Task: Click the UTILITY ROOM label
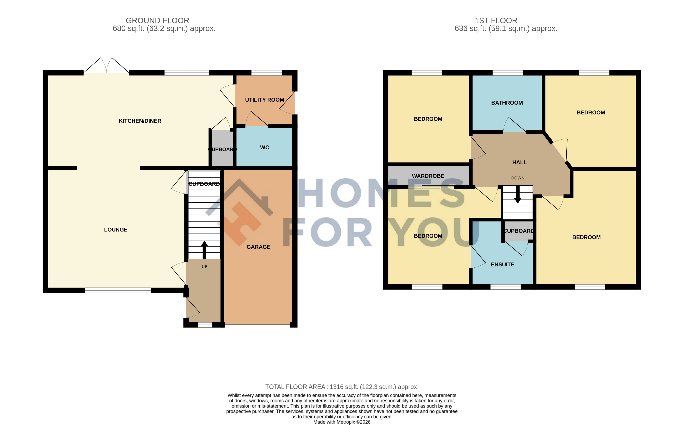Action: click(264, 100)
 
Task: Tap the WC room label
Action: click(265, 148)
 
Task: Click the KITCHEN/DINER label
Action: click(140, 121)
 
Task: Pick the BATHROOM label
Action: click(507, 103)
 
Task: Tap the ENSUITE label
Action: click(502, 264)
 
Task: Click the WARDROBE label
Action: click(428, 176)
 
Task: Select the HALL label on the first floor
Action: click(519, 162)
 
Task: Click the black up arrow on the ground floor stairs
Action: click(204, 250)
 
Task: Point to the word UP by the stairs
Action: click(204, 266)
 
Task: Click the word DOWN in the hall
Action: click(518, 178)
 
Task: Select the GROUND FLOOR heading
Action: click(157, 20)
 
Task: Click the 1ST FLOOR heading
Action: click(496, 20)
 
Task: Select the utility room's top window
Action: click(266, 73)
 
